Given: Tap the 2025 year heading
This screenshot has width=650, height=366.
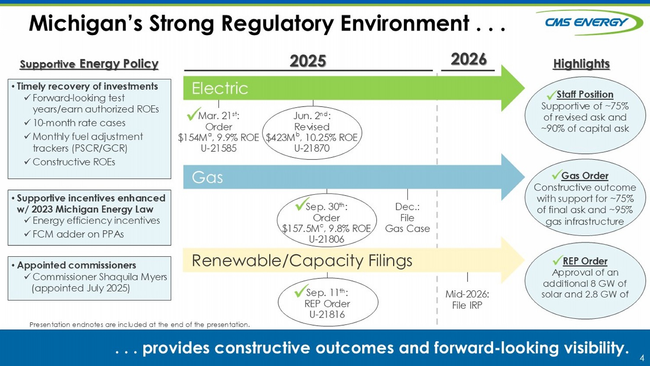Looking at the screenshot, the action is pyautogui.click(x=308, y=61).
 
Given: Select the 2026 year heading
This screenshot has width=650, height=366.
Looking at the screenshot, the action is pyautogui.click(x=468, y=59).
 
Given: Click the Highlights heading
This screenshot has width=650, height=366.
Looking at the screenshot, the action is pyautogui.click(x=581, y=64).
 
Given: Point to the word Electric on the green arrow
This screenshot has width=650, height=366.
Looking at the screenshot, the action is pyautogui.click(x=220, y=88).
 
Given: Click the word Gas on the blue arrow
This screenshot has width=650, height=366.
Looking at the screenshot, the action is pyautogui.click(x=207, y=177).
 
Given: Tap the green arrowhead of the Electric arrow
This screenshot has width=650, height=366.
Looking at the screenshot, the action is pyautogui.click(x=513, y=88).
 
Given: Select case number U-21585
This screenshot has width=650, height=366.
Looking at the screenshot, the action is pyautogui.click(x=218, y=148).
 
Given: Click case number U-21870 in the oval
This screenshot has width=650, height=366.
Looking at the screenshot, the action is pyautogui.click(x=312, y=148).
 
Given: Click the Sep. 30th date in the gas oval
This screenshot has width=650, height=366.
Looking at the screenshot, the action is pyautogui.click(x=326, y=206).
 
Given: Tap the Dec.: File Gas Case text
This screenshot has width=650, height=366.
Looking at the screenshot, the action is pyautogui.click(x=407, y=218).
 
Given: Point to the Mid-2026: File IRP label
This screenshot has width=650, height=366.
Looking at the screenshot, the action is pyautogui.click(x=467, y=300).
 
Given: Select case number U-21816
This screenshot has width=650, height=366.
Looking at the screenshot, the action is pyautogui.click(x=327, y=314).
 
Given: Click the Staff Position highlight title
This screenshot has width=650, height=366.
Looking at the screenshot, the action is pyautogui.click(x=585, y=95).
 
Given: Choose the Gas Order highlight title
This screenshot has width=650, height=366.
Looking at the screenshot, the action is pyautogui.click(x=585, y=176).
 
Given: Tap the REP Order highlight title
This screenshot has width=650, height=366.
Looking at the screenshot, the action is pyautogui.click(x=585, y=261).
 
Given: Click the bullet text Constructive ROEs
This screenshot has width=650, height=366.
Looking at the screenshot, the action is pyautogui.click(x=74, y=162).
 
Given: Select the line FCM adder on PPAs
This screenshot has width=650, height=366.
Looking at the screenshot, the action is pyautogui.click(x=78, y=234).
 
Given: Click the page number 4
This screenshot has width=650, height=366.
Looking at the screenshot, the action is pyautogui.click(x=642, y=358).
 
